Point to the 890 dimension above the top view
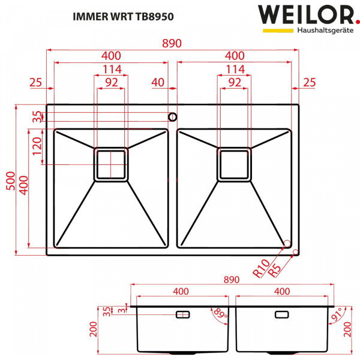point(172,44)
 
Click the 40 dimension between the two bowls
point(158,82)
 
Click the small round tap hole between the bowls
point(172,116)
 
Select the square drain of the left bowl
point(111,164)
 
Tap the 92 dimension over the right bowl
point(235,82)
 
